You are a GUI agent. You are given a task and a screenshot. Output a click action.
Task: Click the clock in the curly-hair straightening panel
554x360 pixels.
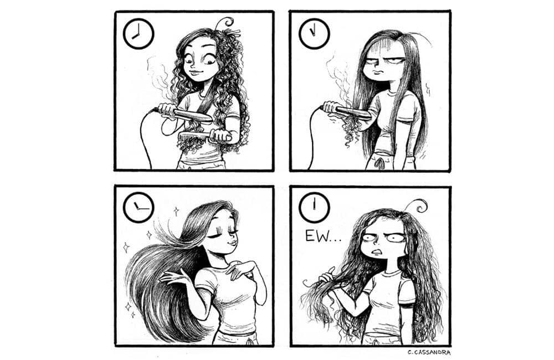[138, 34]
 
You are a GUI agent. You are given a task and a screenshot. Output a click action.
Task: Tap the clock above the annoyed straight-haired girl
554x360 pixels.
[314, 34]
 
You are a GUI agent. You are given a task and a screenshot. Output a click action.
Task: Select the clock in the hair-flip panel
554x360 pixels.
[138, 207]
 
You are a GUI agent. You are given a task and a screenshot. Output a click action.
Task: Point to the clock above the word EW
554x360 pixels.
[314, 207]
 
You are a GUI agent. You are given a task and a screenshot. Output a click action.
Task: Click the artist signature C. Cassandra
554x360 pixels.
[429, 352]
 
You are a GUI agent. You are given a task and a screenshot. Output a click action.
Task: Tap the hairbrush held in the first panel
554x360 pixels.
[205, 136]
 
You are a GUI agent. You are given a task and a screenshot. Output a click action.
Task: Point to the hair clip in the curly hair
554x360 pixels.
[234, 33]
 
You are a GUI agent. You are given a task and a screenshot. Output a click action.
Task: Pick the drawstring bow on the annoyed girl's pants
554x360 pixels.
[379, 163]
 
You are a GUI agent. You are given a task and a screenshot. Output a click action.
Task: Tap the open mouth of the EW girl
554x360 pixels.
[377, 252]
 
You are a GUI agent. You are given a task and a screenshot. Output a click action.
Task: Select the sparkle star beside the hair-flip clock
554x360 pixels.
[176, 211]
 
